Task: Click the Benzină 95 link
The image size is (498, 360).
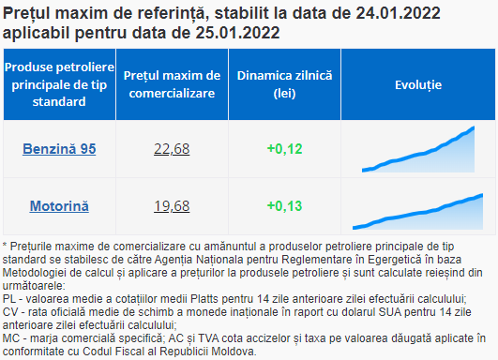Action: [59, 149]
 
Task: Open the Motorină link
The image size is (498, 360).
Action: [59, 206]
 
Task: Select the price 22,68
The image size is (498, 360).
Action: [172, 149]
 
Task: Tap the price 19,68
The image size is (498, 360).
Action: [172, 206]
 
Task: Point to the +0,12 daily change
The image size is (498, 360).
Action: [284, 149]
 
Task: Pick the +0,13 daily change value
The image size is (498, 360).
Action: [284, 206]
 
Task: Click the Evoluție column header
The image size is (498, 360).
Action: [418, 84]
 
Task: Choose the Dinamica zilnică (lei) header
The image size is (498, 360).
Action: [284, 84]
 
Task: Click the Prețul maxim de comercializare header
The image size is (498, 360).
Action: [172, 84]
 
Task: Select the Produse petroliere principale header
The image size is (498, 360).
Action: [59, 84]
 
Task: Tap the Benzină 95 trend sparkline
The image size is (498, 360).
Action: [418, 149]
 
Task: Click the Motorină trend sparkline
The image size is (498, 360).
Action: [418, 212]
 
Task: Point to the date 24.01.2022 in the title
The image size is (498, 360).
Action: [398, 13]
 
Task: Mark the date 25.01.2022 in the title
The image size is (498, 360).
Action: [237, 33]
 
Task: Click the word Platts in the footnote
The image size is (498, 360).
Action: [204, 299]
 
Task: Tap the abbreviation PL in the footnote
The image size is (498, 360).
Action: [9, 299]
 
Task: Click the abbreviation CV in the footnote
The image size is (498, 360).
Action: [9, 312]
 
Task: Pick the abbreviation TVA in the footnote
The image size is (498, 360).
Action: [208, 338]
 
